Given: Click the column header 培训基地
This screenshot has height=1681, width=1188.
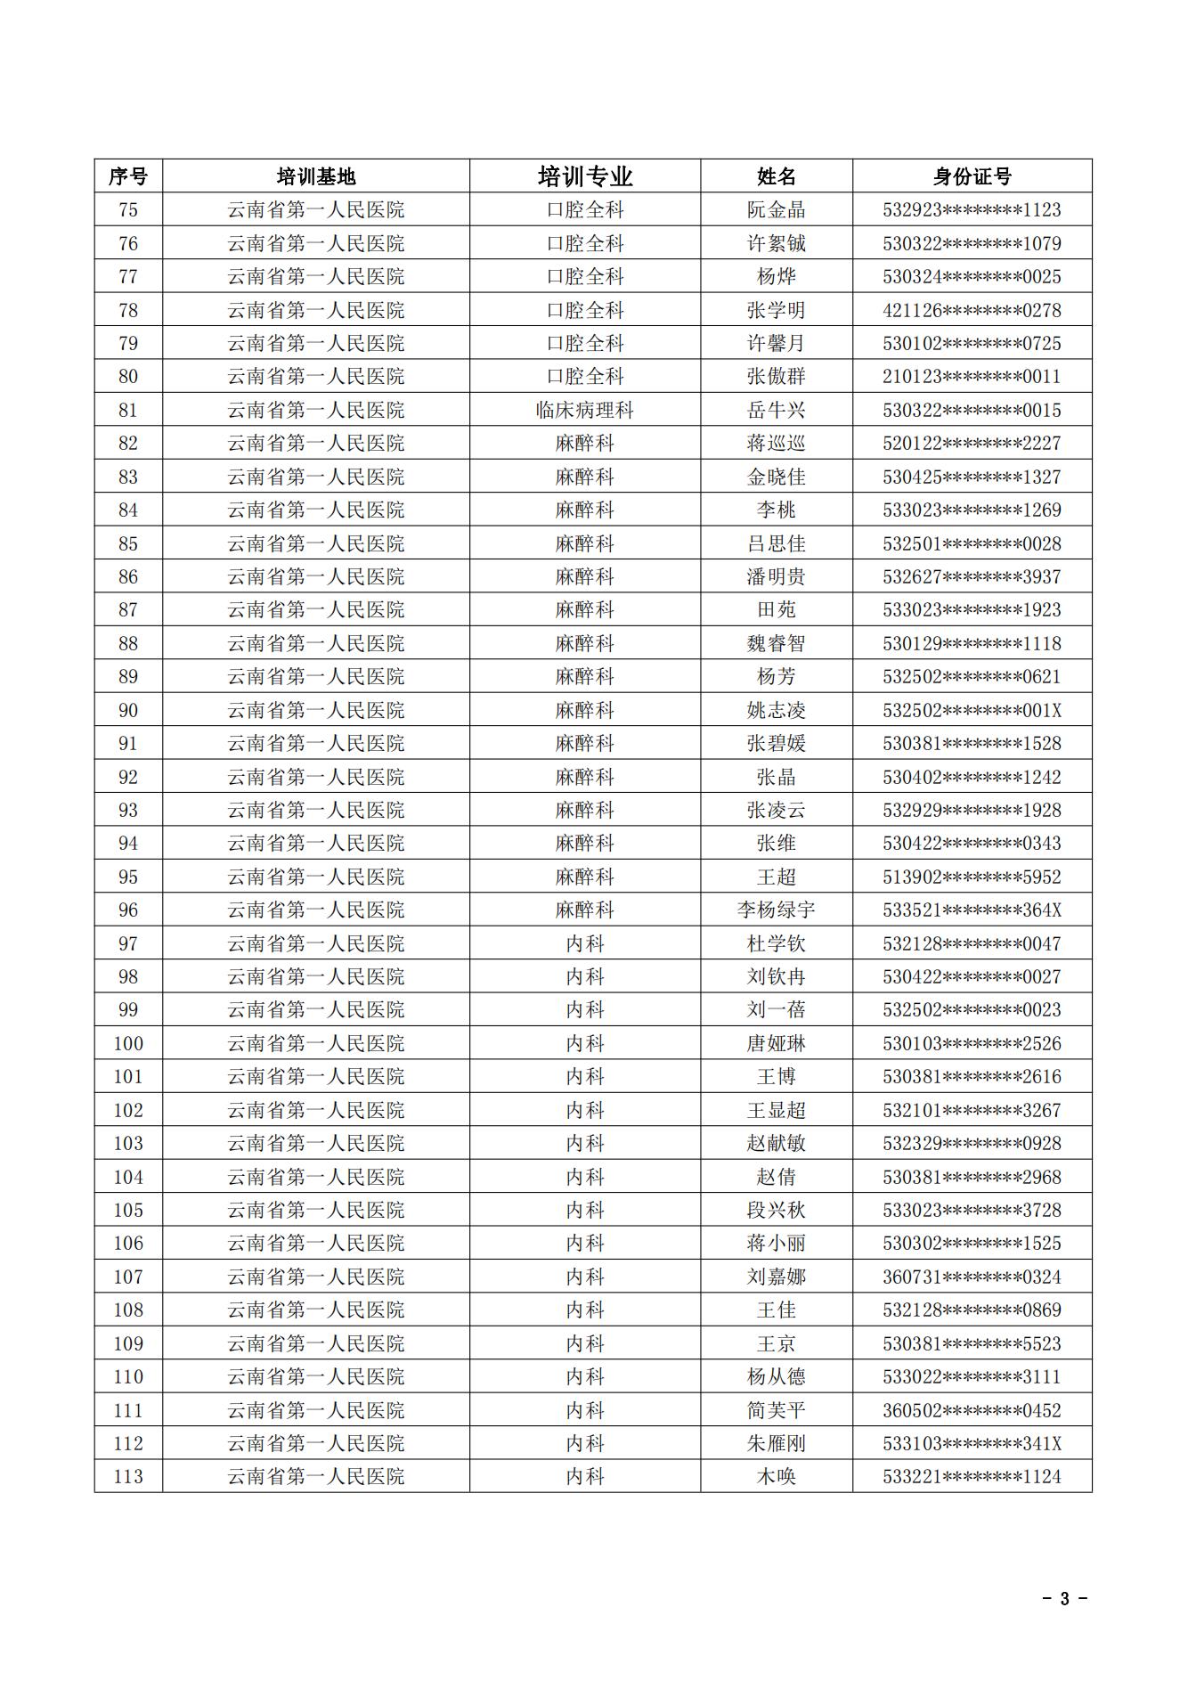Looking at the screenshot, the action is (x=316, y=176).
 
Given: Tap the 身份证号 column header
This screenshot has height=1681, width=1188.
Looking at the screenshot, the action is (x=972, y=176).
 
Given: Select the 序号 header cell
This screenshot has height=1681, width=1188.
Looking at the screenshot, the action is (x=128, y=176).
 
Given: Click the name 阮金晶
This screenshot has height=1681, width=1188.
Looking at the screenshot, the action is (x=776, y=210).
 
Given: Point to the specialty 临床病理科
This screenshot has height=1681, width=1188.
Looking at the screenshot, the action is (x=585, y=411).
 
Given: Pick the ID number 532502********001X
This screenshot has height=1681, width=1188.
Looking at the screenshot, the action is (x=972, y=711).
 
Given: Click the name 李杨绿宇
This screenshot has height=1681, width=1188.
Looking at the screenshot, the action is (x=776, y=910).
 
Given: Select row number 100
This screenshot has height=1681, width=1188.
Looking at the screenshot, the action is (x=128, y=1044).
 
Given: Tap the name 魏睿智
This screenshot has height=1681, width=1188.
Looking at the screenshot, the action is (x=776, y=644).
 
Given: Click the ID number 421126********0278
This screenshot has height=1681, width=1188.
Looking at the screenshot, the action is (x=972, y=311).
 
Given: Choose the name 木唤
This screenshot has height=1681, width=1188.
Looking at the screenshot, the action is (x=776, y=1477).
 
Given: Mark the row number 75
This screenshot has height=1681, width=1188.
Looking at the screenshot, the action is (x=128, y=210).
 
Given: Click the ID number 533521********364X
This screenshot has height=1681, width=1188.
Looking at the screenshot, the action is (x=972, y=910).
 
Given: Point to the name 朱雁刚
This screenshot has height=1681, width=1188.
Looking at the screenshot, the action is (x=776, y=1444).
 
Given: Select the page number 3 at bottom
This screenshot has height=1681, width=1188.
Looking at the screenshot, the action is (x=1064, y=1598).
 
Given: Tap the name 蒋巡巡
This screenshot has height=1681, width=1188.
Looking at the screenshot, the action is (x=776, y=444).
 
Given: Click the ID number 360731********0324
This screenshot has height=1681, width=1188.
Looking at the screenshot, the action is (x=972, y=1277).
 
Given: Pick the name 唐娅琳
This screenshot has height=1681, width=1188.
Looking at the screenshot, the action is (x=776, y=1044).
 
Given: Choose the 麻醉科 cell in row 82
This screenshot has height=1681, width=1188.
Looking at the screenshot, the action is (x=585, y=444).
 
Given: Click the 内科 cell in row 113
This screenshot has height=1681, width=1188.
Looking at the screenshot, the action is (x=585, y=1477).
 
